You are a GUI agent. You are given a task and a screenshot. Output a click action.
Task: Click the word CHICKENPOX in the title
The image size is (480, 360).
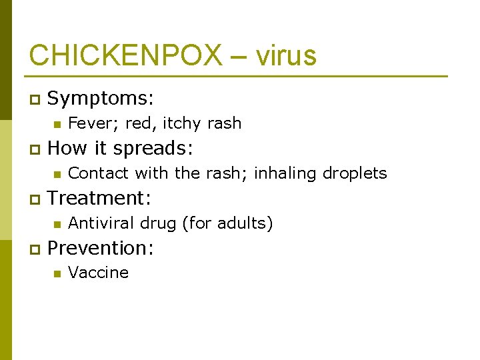tap(125, 55)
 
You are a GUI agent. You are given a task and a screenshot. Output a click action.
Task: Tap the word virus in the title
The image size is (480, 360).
tap(285, 55)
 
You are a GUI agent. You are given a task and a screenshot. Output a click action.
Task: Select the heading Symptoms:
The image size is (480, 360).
tap(101, 99)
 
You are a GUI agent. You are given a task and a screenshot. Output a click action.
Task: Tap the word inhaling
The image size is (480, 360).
tap(285, 173)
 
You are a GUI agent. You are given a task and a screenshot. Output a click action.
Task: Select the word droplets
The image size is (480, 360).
tap(355, 173)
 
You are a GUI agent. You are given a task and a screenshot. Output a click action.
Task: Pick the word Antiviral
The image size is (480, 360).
tap(99, 223)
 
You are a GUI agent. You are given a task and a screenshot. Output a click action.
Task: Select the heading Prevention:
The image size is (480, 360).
tap(101, 248)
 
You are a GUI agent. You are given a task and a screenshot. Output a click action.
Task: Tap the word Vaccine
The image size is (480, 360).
tap(99, 273)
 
